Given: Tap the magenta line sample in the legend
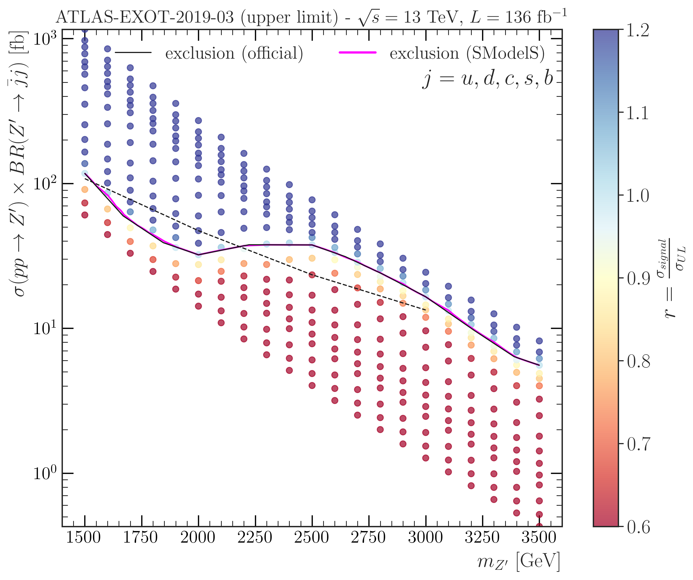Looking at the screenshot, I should [358, 52].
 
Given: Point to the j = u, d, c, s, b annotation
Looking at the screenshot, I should [488, 79].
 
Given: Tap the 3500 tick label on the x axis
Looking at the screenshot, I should [538, 537].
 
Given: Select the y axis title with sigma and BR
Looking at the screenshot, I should [19, 165].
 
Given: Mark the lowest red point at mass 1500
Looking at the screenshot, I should [85, 215].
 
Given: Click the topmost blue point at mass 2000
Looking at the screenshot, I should [198, 121].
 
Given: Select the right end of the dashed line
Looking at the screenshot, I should [425, 309].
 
